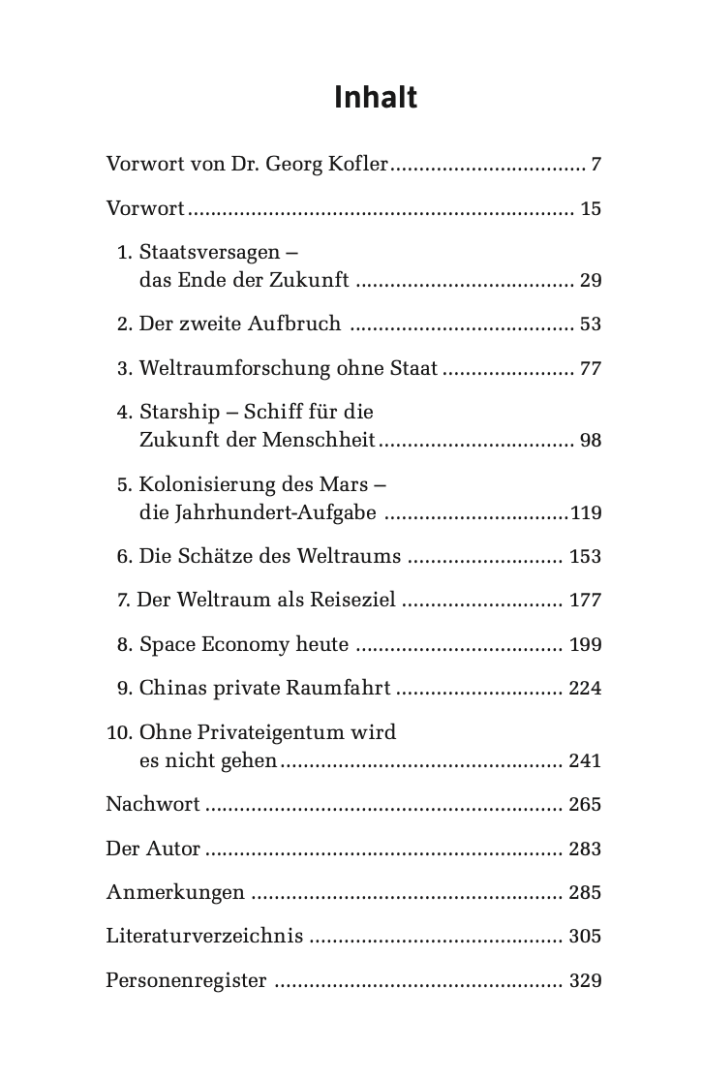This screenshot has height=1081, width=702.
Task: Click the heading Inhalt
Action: (x=376, y=98)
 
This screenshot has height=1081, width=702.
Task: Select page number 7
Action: (x=596, y=165)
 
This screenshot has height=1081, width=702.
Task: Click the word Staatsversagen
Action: (x=207, y=253)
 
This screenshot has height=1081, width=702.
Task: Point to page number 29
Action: (x=591, y=282)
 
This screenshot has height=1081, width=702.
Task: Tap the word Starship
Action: (x=180, y=412)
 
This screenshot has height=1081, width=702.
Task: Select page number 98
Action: (x=591, y=441)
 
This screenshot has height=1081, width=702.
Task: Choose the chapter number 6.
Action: (x=123, y=557)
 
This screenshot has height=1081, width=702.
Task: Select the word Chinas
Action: (x=171, y=689)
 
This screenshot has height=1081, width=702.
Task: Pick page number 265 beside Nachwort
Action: (x=586, y=805)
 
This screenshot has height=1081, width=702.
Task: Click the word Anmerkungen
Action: (x=175, y=893)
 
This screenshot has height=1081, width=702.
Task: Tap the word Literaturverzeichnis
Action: (x=204, y=937)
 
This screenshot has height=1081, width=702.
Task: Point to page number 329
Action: (x=586, y=981)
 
